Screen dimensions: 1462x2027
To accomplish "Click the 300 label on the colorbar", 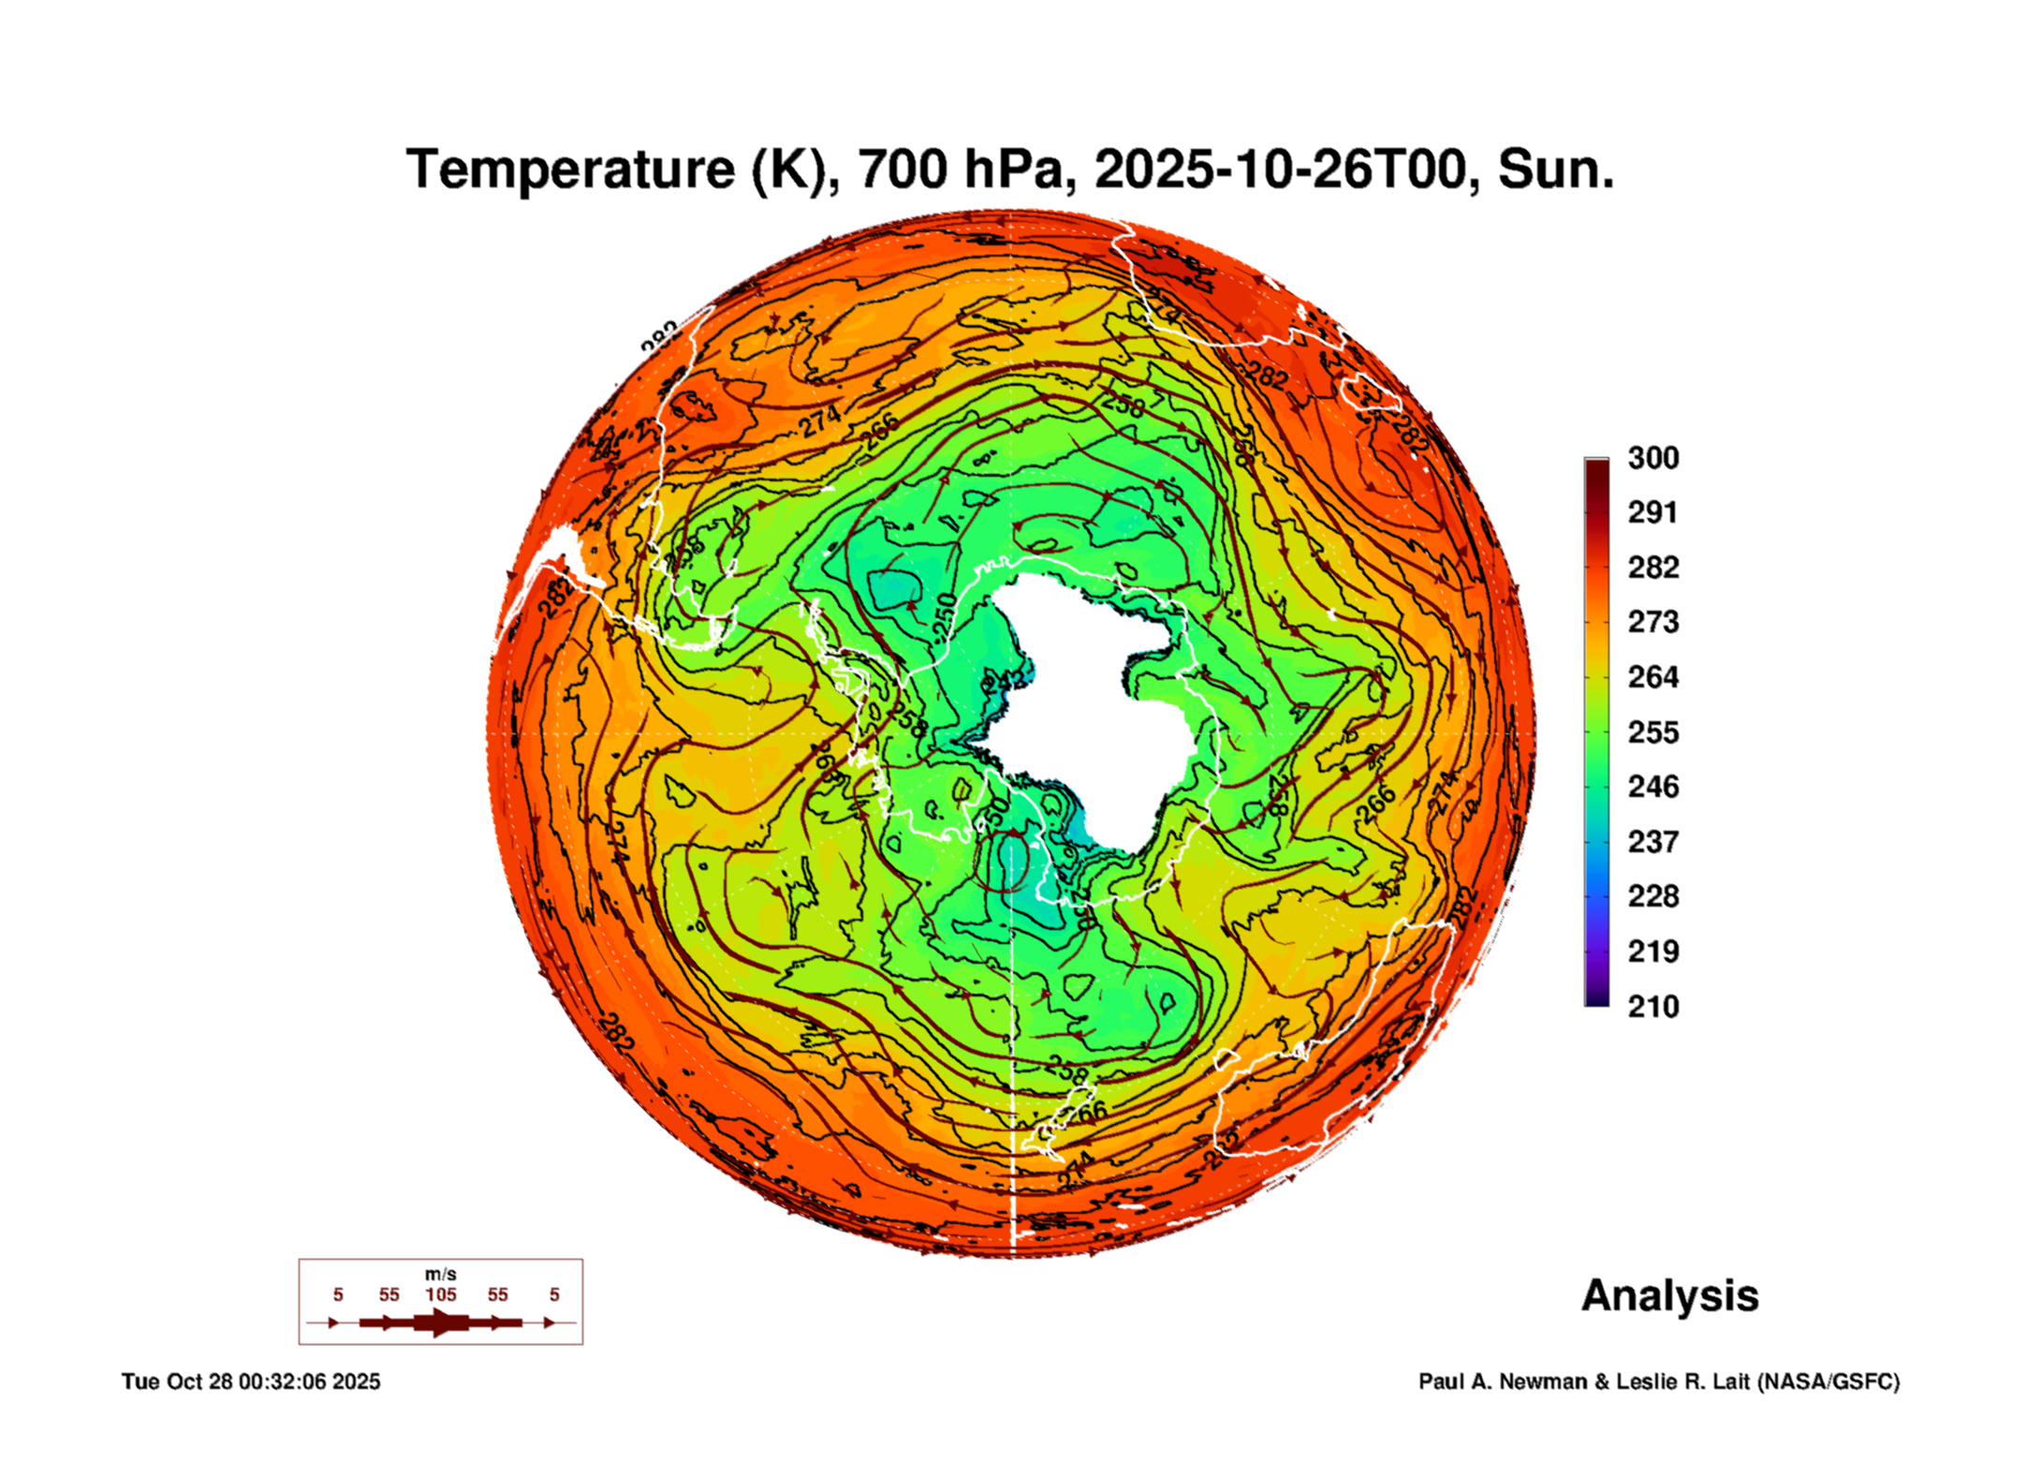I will [x=1652, y=458].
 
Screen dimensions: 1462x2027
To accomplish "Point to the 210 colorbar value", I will [x=1652, y=1007].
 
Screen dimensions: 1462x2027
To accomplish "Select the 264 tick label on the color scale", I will [x=1652, y=677].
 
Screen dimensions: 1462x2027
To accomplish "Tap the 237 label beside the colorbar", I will [x=1652, y=842].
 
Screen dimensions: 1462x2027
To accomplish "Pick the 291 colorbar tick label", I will [x=1652, y=512].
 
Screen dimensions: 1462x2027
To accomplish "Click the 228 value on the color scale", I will [x=1652, y=896].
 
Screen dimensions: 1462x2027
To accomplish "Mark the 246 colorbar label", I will [x=1652, y=787].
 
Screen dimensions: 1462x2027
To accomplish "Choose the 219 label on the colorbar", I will [x=1652, y=952].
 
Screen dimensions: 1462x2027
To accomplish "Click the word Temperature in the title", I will [x=570, y=170].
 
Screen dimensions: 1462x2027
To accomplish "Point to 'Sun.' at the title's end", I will [x=1555, y=170].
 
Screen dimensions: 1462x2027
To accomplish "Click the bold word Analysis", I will [x=1669, y=1296].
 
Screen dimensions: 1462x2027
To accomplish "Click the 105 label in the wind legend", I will [x=441, y=1295].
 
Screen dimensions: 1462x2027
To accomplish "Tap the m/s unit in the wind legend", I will [x=441, y=1275].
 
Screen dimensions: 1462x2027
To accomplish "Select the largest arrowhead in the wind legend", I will [x=441, y=1322].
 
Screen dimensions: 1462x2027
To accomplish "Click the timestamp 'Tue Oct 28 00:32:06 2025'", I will [x=251, y=1381].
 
